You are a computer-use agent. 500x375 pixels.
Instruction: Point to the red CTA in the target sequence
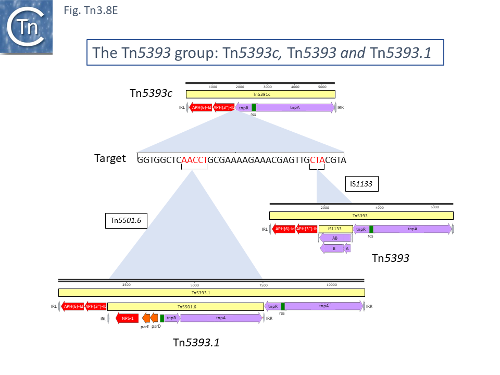pos(317,160)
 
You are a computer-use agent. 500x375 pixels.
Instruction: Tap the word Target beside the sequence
pos(110,158)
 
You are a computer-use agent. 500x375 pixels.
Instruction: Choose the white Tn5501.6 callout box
pos(126,221)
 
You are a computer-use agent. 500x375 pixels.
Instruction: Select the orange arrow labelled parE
pos(146,318)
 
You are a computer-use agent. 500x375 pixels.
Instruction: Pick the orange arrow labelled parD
pos(154,318)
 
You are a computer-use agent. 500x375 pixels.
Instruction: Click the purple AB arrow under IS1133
pos(334,238)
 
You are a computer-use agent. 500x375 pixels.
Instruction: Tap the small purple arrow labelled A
pos(347,248)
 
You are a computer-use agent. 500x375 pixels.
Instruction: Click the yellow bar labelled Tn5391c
pos(260,94)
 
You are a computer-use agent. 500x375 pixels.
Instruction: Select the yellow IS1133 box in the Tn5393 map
pos(335,229)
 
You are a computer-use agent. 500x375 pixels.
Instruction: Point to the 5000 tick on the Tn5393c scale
pos(322,86)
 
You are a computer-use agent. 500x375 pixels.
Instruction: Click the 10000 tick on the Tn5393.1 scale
pos(331,285)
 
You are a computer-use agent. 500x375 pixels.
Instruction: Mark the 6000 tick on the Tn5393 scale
pos(434,207)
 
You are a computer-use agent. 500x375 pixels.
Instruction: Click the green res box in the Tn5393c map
pos(254,108)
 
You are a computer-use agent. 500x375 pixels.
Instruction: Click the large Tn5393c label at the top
pos(151,94)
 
